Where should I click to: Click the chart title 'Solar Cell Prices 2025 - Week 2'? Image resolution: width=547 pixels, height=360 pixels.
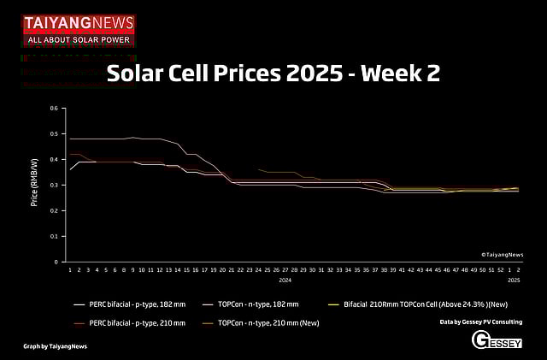(273, 74)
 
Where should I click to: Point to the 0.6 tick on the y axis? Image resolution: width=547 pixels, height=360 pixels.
(54, 109)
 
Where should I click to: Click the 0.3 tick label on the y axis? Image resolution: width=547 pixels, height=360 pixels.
(54, 186)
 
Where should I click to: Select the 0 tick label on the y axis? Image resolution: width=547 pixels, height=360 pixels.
(56, 262)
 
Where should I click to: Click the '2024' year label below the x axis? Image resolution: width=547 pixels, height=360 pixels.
(285, 280)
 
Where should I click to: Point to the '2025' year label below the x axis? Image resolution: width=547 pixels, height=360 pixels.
(514, 280)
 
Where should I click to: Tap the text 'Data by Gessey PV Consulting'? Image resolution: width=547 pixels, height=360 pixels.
(480, 322)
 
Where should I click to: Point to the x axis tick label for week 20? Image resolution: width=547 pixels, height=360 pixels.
(222, 269)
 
